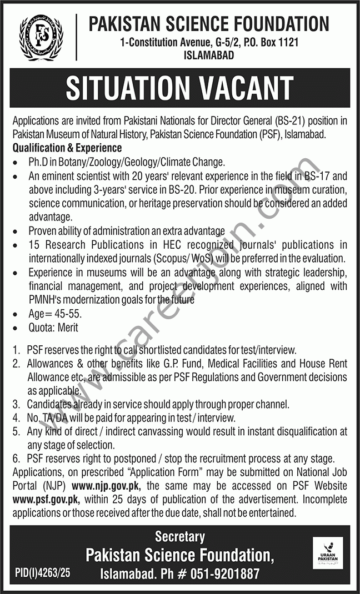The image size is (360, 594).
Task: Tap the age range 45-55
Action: click(x=66, y=314)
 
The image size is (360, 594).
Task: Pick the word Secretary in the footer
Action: click(x=179, y=537)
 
